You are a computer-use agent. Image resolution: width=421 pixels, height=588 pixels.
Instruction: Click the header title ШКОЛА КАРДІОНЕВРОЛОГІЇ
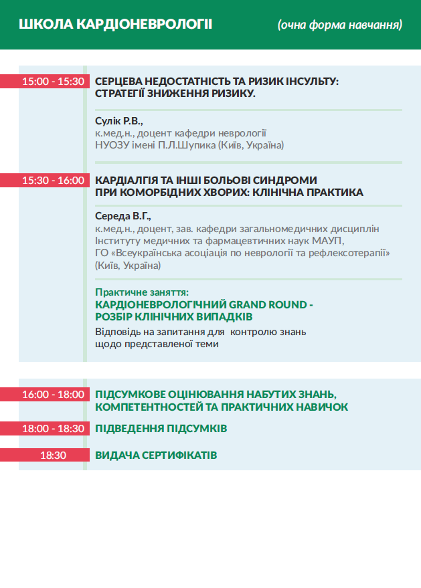116,25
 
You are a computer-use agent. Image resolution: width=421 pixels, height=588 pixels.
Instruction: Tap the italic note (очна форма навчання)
339,25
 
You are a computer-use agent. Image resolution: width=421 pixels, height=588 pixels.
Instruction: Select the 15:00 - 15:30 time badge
54,82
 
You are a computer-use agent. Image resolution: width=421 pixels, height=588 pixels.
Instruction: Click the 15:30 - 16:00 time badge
54,180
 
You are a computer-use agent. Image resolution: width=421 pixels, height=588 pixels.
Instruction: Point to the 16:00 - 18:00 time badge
54,395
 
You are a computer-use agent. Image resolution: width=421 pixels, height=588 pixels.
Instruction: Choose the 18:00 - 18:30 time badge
54,428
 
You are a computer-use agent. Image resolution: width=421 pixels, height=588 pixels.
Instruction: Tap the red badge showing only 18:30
54,455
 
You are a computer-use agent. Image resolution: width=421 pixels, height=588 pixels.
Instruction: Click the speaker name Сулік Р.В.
119,120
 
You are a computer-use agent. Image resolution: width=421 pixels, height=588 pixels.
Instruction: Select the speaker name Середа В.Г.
124,216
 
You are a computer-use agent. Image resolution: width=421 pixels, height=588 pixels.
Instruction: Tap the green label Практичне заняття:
142,292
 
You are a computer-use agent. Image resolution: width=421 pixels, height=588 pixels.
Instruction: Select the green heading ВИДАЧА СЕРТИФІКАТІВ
156,455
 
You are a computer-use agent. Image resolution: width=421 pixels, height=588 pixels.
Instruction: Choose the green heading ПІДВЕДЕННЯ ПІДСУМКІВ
161,428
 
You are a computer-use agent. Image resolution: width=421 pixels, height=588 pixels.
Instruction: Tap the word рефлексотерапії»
353,253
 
